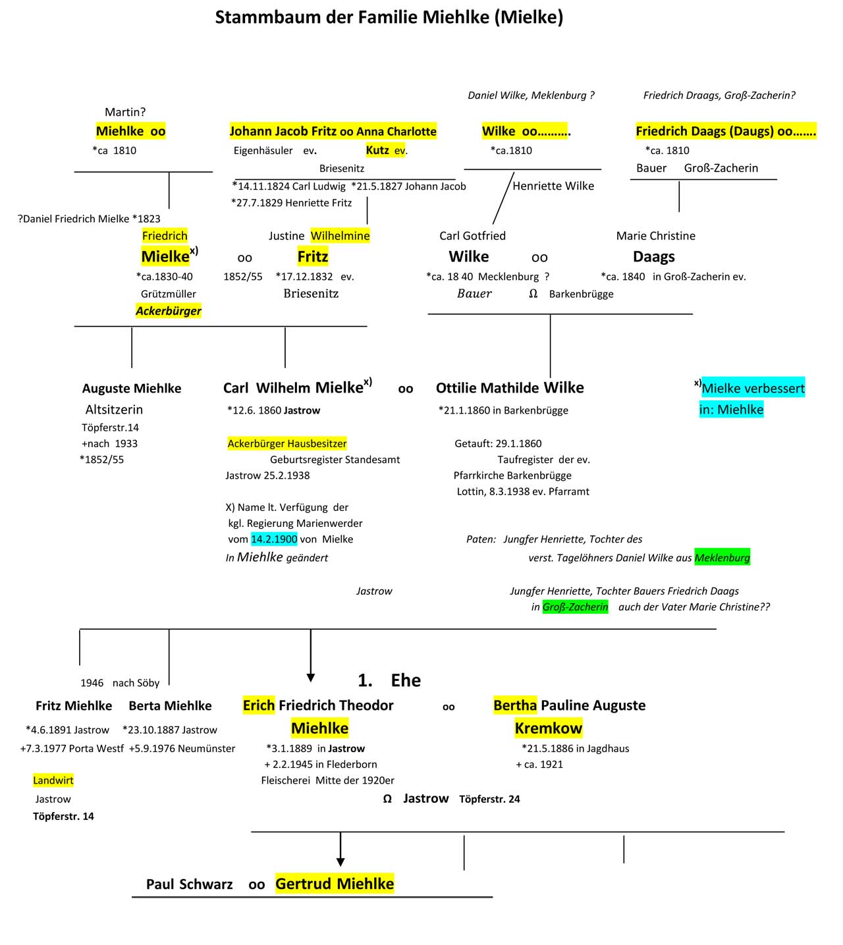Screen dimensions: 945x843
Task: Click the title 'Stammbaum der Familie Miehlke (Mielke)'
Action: click(x=389, y=17)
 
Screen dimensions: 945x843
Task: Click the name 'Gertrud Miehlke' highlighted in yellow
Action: click(x=335, y=884)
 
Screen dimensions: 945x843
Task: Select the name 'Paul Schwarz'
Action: click(x=189, y=884)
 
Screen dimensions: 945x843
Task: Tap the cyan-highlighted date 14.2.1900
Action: click(x=274, y=539)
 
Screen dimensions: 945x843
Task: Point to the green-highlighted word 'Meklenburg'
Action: click(x=722, y=558)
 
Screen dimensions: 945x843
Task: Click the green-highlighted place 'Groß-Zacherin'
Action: click(x=575, y=607)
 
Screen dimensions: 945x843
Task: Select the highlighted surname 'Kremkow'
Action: click(x=549, y=728)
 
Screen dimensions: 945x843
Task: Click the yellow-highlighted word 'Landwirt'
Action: click(x=53, y=780)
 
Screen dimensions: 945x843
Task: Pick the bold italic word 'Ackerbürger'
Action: click(x=169, y=311)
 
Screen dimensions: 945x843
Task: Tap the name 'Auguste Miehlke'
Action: click(x=132, y=389)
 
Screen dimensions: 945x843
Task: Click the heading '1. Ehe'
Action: click(x=389, y=680)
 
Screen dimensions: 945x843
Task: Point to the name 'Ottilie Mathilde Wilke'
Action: click(x=510, y=388)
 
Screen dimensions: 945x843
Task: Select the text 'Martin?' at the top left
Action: click(x=125, y=113)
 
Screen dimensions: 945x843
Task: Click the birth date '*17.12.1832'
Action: click(x=304, y=277)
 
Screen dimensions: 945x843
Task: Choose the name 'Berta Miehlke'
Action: click(x=170, y=706)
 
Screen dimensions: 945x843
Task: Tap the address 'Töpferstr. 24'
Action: click(x=489, y=799)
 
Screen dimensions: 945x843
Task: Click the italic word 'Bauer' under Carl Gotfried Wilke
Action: click(x=474, y=294)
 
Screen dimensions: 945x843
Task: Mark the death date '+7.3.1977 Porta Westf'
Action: click(x=72, y=748)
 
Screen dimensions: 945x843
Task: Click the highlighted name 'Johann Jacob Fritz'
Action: click(x=283, y=131)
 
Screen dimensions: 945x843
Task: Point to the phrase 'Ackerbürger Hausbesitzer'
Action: click(x=287, y=444)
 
